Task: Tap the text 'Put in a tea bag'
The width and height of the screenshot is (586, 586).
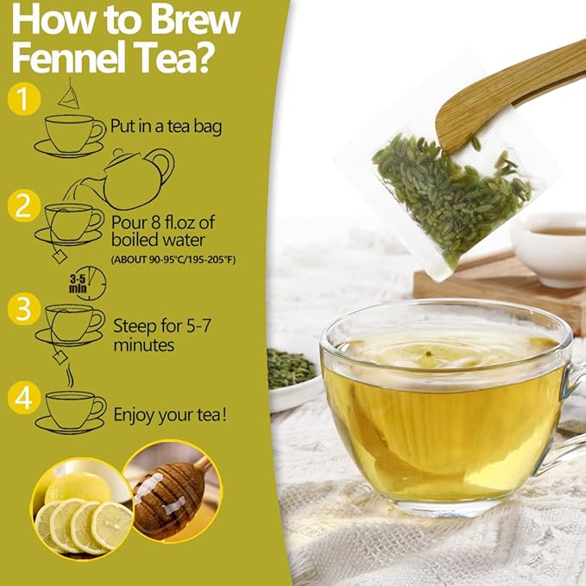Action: pyautogui.click(x=166, y=127)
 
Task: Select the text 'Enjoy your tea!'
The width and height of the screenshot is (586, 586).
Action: pyautogui.click(x=171, y=415)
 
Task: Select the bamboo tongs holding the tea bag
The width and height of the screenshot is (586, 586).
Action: pyautogui.click(x=509, y=95)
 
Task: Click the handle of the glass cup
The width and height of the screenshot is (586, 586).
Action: pyautogui.click(x=572, y=414)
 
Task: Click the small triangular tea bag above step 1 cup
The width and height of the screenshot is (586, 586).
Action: pyautogui.click(x=68, y=96)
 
